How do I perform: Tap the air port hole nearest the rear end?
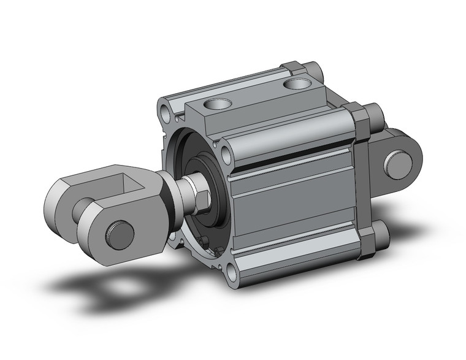tap(299, 83)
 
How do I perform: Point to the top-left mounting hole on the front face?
tap(166, 113)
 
